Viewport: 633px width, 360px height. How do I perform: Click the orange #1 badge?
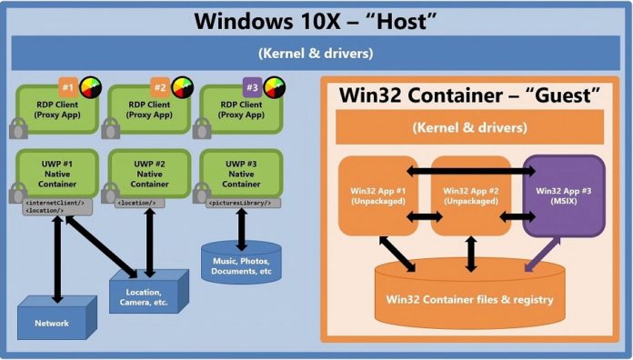point(66,88)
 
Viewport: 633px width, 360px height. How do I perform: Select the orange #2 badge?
point(158,88)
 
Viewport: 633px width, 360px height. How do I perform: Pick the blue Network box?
point(55,321)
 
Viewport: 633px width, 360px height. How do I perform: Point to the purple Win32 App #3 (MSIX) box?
point(563,195)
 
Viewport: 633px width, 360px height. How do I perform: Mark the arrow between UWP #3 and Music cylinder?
point(241,228)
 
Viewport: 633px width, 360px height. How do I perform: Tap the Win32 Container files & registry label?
point(470,299)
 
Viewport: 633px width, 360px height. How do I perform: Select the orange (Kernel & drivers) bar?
point(469,126)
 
